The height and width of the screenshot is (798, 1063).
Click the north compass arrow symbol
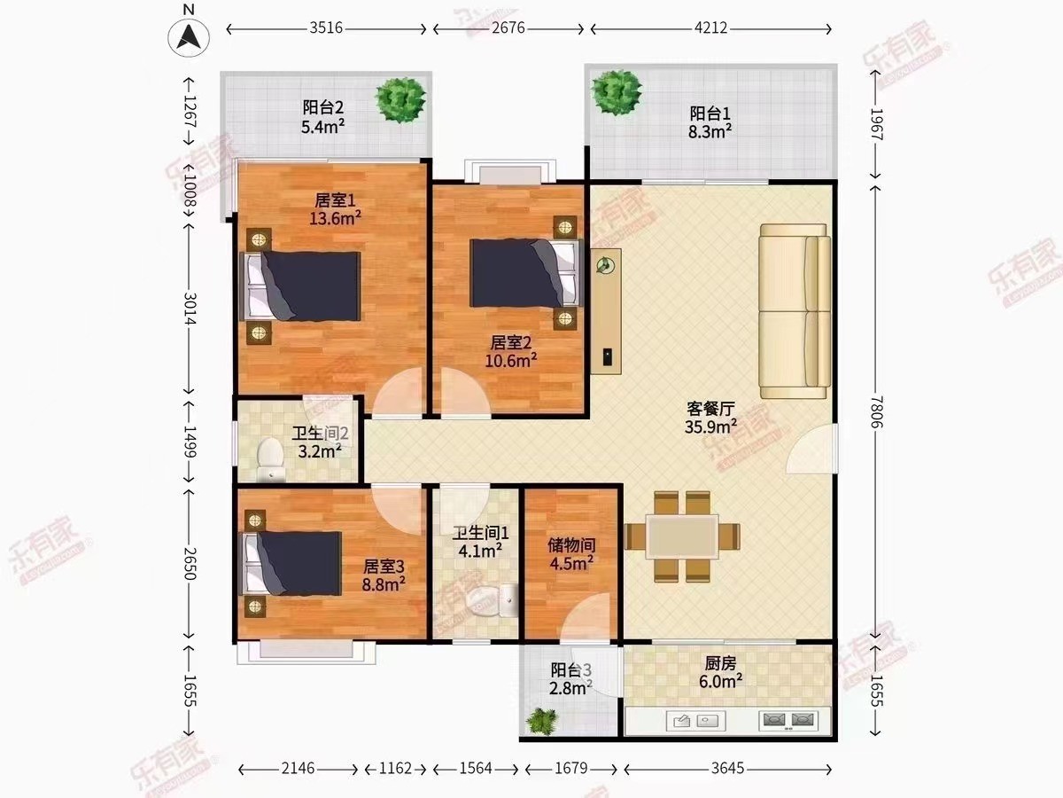[x=189, y=36]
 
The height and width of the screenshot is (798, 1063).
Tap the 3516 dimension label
[x=326, y=28]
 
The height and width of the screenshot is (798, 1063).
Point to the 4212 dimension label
[x=710, y=28]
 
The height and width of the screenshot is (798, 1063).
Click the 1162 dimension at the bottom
[x=395, y=769]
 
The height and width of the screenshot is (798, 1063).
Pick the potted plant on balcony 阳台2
[x=401, y=100]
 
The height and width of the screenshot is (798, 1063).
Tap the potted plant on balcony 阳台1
[x=617, y=93]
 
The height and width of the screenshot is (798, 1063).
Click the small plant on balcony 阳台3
[x=542, y=722]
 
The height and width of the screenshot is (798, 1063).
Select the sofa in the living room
[x=795, y=311]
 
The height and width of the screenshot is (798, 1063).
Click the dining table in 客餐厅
[x=682, y=536]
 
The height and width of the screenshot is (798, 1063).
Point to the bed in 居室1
[x=300, y=286]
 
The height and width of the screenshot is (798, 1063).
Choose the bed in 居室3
[x=291, y=564]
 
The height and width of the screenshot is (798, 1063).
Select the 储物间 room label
[x=571, y=545]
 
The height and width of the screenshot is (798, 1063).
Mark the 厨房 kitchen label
[x=720, y=663]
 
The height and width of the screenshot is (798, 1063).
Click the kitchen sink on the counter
[x=696, y=721]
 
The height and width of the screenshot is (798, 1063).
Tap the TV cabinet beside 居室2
[x=606, y=311]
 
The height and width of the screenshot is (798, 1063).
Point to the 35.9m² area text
[x=710, y=426]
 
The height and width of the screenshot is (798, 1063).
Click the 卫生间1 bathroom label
[x=480, y=534]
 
